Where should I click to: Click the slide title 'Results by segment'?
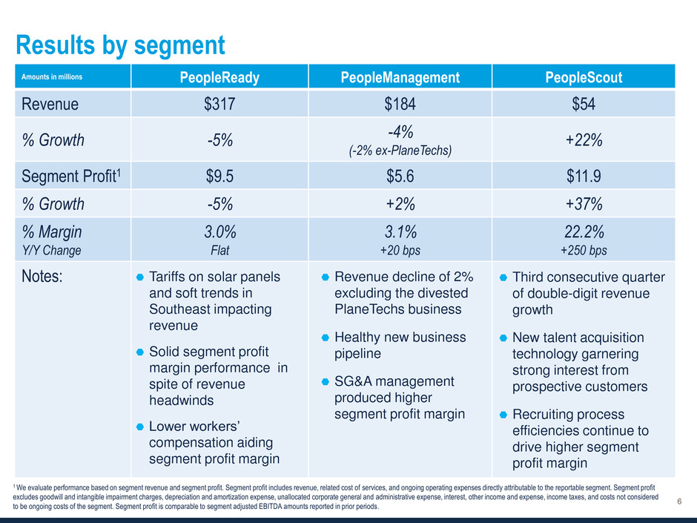[120, 46]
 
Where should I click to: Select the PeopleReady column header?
[220, 78]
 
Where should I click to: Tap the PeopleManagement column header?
[400, 78]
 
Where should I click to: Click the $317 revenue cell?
[220, 105]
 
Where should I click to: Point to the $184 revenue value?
[400, 105]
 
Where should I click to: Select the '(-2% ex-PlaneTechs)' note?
[400, 150]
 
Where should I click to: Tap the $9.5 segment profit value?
[220, 176]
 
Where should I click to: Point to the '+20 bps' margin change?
[400, 250]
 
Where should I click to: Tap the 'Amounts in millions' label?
[51, 77]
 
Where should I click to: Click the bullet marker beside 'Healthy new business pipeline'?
[326, 338]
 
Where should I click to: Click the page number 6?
[680, 502]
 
